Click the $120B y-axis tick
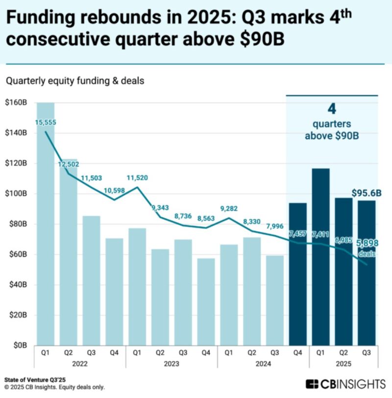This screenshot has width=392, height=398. (x=17, y=164)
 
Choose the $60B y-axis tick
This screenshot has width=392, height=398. (x=18, y=254)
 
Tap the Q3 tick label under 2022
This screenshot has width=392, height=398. (x=92, y=352)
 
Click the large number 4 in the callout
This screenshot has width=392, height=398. (x=332, y=109)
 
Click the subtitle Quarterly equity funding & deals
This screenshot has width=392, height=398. (x=75, y=81)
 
